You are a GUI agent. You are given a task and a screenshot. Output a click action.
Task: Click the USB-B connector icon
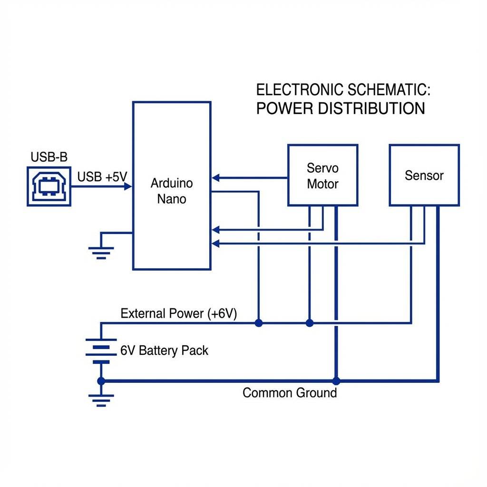click(x=49, y=186)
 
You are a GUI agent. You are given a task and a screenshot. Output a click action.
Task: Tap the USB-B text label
click(x=49, y=157)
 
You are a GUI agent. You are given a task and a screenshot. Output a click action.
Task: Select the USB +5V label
click(x=102, y=177)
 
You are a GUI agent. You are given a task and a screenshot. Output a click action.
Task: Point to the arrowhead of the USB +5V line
click(x=128, y=186)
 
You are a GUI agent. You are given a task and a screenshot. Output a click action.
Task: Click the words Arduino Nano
click(x=172, y=191)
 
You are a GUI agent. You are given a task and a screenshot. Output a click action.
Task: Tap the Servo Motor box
click(x=322, y=175)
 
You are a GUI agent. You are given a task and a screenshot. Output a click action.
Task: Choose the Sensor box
click(x=424, y=175)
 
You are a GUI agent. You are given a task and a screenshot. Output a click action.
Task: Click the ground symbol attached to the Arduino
click(x=101, y=252)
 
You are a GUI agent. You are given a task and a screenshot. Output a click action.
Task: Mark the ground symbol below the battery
click(x=101, y=400)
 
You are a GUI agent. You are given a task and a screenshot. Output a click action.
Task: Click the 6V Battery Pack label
click(x=164, y=351)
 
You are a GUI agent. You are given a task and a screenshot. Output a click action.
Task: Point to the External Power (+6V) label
click(x=179, y=314)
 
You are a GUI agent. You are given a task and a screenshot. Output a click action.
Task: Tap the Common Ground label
click(x=289, y=393)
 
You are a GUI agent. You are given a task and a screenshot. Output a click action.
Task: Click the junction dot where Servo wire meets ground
click(x=336, y=381)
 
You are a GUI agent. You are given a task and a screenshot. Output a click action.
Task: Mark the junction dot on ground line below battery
click(x=101, y=381)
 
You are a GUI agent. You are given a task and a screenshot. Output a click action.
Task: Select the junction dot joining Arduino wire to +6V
click(x=258, y=323)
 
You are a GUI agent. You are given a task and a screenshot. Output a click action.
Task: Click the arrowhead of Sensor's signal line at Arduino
click(x=215, y=244)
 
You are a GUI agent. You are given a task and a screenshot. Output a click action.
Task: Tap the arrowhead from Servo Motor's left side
click(x=215, y=178)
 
